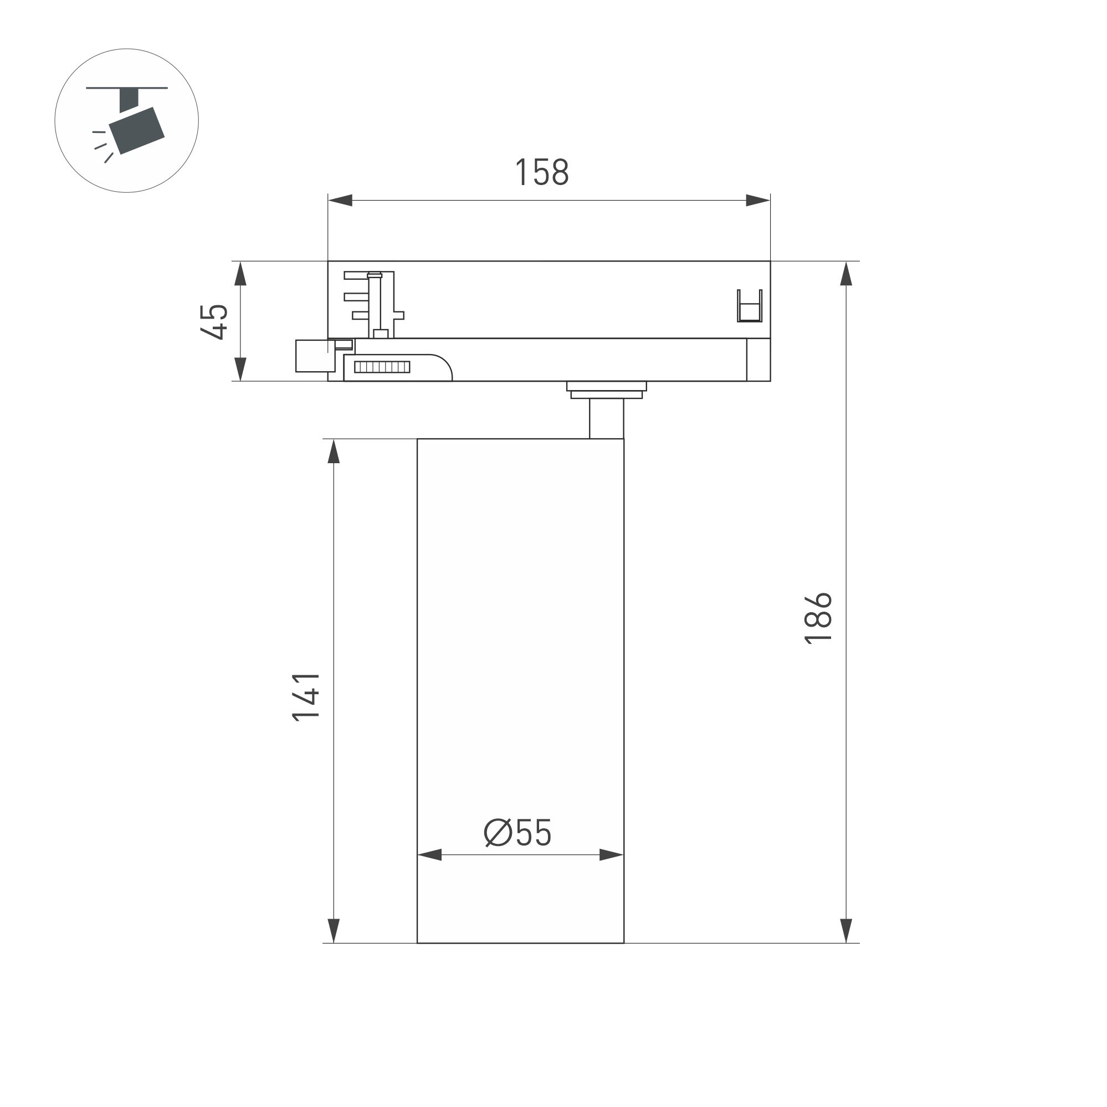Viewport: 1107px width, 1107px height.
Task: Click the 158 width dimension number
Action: click(x=541, y=172)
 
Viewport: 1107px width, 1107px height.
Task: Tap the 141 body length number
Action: click(x=305, y=696)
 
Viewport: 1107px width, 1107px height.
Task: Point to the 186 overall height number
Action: click(x=818, y=619)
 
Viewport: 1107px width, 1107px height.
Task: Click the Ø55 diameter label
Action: click(x=518, y=833)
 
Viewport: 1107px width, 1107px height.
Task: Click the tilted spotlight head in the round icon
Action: click(x=137, y=131)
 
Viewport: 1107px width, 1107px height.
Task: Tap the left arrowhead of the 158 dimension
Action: click(x=340, y=201)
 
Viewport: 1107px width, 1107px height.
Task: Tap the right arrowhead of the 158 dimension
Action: click(x=757, y=201)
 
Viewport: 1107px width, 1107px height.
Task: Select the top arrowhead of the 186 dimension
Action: click(x=845, y=274)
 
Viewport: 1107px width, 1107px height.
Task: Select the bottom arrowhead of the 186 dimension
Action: click(x=845, y=930)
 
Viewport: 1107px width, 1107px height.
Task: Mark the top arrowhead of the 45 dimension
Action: click(x=240, y=274)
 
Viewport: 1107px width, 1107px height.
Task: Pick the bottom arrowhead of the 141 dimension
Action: click(x=334, y=930)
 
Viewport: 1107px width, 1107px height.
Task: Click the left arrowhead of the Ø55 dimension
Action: click(x=430, y=855)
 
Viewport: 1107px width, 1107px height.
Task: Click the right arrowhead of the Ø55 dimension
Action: click(x=611, y=855)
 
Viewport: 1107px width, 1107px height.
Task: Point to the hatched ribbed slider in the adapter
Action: click(x=382, y=367)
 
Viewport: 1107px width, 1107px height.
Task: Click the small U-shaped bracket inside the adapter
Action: click(x=750, y=306)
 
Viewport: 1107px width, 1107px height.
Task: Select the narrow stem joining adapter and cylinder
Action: click(x=606, y=418)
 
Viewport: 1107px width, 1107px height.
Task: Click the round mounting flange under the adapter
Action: click(x=606, y=389)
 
